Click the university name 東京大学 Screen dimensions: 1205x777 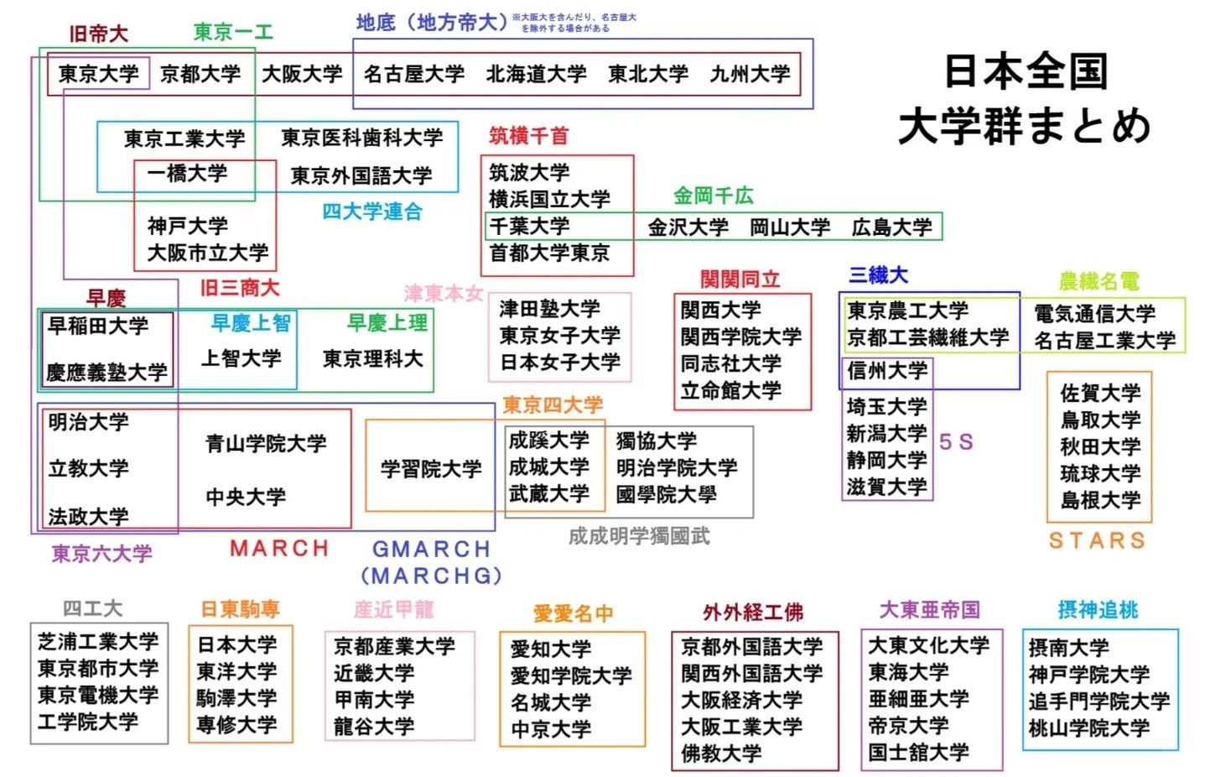98,74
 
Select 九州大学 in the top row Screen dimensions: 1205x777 750,74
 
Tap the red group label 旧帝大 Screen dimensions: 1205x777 98,34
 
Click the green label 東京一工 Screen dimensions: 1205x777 233,33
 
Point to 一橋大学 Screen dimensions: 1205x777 187,174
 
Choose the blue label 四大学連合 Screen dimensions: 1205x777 372,211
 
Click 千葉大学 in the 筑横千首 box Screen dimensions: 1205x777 529,227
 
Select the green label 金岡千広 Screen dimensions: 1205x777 714,196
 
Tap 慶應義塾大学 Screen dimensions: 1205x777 106,373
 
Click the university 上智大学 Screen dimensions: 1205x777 241,358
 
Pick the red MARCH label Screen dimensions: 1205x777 279,549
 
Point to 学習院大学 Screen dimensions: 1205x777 431,469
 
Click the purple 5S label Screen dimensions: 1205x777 956,442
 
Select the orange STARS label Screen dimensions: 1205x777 1098,540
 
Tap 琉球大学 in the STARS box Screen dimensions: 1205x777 1101,474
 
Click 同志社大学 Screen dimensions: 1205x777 731,364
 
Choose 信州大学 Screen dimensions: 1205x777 887,371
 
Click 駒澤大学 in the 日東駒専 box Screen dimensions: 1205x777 236,698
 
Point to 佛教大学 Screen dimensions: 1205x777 721,754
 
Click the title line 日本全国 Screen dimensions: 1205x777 1026,71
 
